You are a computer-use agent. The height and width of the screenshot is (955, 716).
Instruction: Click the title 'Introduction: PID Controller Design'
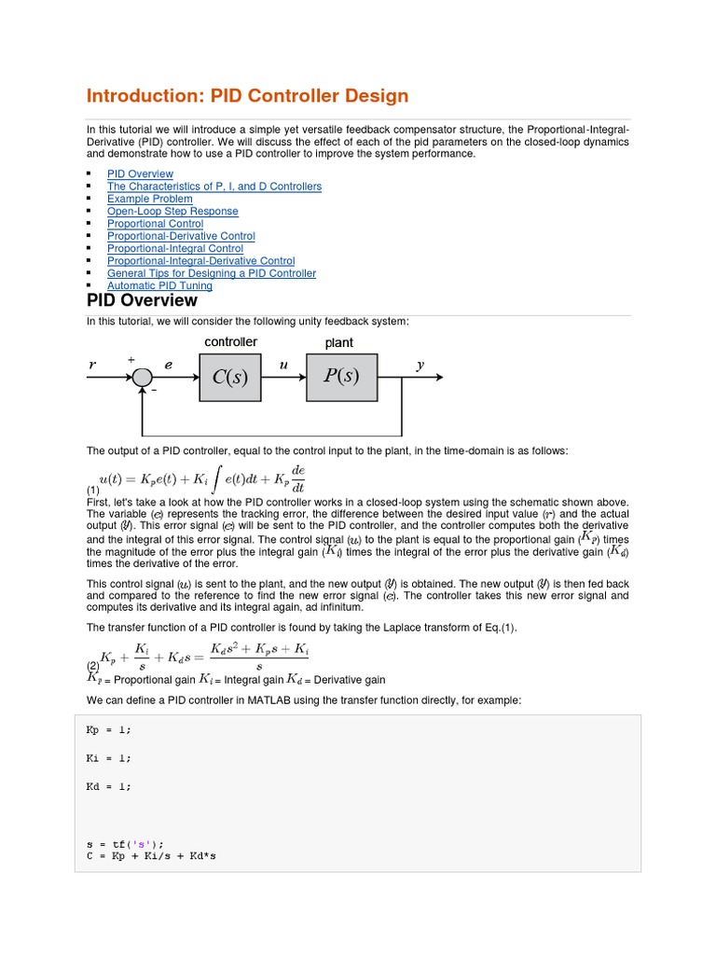[x=247, y=96]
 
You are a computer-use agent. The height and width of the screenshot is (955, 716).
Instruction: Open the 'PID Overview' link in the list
[x=140, y=174]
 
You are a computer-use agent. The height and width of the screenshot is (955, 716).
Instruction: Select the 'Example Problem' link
[x=150, y=199]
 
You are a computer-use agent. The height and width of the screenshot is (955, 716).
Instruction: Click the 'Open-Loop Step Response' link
[x=172, y=212]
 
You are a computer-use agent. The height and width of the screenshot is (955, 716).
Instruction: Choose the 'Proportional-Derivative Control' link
[x=181, y=236]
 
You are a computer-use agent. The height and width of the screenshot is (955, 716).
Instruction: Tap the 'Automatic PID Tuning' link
[x=159, y=286]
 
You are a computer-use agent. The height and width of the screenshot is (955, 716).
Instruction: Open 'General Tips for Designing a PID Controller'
[x=211, y=273]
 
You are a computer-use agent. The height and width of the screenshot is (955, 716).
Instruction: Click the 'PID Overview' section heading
[x=142, y=301]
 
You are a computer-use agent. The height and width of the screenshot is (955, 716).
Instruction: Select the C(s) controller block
[x=231, y=378]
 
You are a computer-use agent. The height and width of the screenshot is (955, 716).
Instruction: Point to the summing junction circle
[x=142, y=378]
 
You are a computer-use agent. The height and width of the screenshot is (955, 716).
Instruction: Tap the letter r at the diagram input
[x=92, y=367]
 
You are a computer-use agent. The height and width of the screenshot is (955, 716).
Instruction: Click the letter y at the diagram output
[x=420, y=366]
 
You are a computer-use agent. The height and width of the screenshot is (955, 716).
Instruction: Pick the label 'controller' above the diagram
[x=230, y=342]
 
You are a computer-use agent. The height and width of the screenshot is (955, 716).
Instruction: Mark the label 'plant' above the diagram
[x=338, y=343]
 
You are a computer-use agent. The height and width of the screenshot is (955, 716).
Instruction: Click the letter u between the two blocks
[x=283, y=366]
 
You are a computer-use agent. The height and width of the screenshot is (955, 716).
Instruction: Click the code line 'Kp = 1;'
[x=109, y=730]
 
